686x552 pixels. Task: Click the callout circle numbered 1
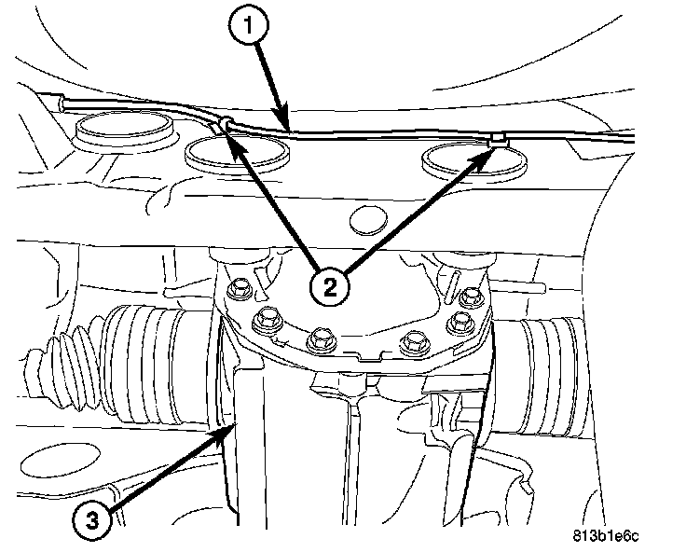(249, 24)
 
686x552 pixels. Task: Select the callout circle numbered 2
(330, 287)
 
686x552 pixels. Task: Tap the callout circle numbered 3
(92, 520)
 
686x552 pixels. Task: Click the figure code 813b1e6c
(605, 536)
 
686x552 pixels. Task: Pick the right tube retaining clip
(499, 141)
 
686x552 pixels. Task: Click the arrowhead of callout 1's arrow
(282, 120)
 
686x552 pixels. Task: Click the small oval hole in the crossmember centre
(369, 220)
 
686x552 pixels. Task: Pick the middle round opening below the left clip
(237, 152)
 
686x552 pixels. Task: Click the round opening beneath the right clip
(474, 162)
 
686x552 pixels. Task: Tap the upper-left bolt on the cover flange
(239, 289)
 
